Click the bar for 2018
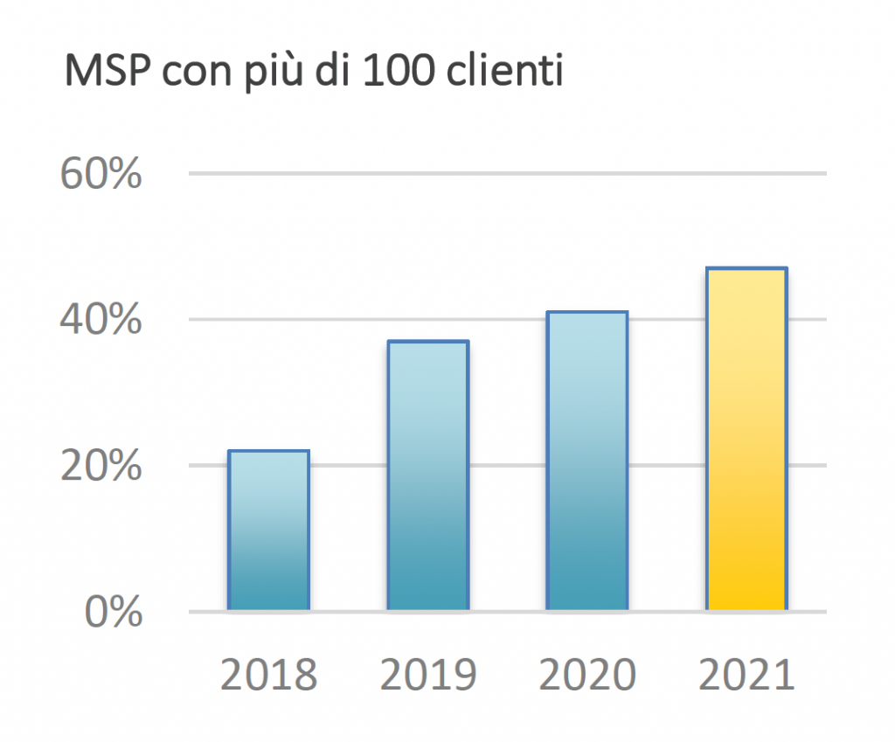click(x=268, y=530)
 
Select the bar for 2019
click(x=427, y=475)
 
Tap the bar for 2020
click(x=586, y=460)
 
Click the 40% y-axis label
click(x=101, y=320)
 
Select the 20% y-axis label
click(x=101, y=466)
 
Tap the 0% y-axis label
click(x=113, y=611)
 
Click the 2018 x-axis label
click(x=268, y=676)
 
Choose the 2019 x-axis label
click(x=428, y=676)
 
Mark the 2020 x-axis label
click(x=587, y=676)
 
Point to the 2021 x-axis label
click(x=746, y=676)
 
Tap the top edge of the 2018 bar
click(x=268, y=451)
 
